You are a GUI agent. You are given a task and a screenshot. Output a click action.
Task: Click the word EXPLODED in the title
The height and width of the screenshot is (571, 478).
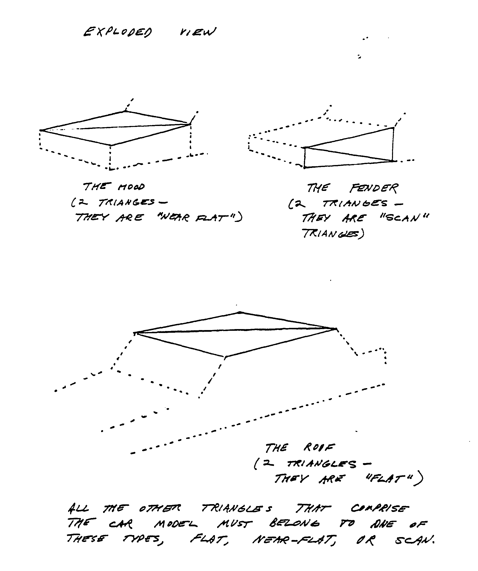coord(118,32)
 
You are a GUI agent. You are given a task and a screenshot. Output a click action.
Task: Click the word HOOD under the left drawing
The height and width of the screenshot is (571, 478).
coord(131,187)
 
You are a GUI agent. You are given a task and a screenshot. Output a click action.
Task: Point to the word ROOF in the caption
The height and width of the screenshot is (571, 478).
coord(319,447)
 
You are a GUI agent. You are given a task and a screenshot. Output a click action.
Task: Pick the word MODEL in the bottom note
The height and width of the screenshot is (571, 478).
coord(176,524)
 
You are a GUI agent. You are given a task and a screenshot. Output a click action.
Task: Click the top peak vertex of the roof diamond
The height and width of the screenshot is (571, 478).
coord(240,313)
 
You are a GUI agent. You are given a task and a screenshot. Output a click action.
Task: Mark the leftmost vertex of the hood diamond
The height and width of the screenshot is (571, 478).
coord(41,131)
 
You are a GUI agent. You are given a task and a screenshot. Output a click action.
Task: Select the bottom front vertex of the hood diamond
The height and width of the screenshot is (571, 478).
coord(111,145)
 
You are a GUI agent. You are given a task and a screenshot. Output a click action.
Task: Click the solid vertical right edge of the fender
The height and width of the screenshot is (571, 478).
coord(393,144)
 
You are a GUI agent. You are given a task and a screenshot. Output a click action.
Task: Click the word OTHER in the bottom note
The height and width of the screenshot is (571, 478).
coord(160,508)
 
